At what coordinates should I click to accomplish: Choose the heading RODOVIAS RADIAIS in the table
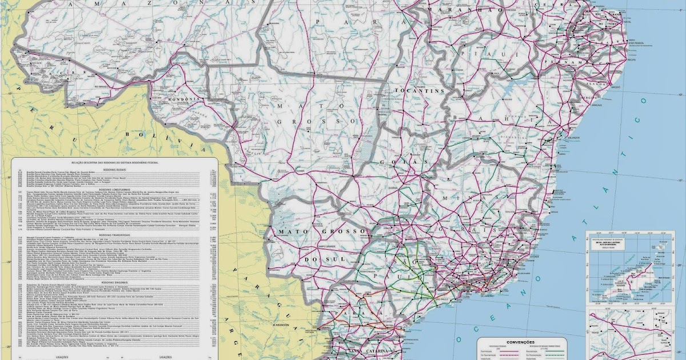(114, 169)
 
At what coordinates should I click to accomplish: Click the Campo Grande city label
(318, 246)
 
